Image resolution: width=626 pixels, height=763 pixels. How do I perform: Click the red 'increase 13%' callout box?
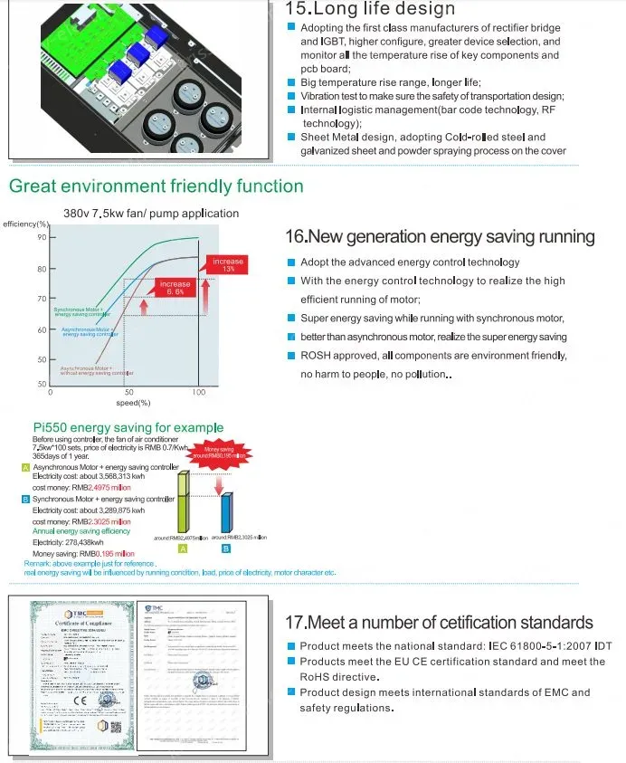click(228, 265)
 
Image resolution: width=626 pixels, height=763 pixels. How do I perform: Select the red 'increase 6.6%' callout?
click(175, 289)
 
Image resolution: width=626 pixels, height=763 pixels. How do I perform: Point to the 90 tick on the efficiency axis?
click(42, 238)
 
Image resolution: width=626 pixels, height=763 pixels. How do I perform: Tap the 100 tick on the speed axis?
click(199, 393)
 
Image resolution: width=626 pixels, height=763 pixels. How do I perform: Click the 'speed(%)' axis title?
click(132, 403)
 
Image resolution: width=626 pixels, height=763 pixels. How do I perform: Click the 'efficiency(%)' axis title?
click(24, 224)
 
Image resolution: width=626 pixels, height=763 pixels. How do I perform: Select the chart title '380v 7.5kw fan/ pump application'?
click(151, 214)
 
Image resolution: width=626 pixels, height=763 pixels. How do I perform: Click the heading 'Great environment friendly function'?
click(156, 186)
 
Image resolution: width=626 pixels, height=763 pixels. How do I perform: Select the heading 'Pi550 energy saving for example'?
click(128, 427)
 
